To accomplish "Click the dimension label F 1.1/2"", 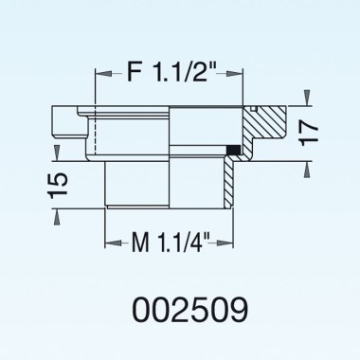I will click(171, 70).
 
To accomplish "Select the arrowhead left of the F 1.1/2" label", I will click(100, 72).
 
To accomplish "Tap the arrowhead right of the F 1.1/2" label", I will click(240, 72).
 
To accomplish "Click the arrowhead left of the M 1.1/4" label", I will click(109, 245).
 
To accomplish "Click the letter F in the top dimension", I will click(133, 70).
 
